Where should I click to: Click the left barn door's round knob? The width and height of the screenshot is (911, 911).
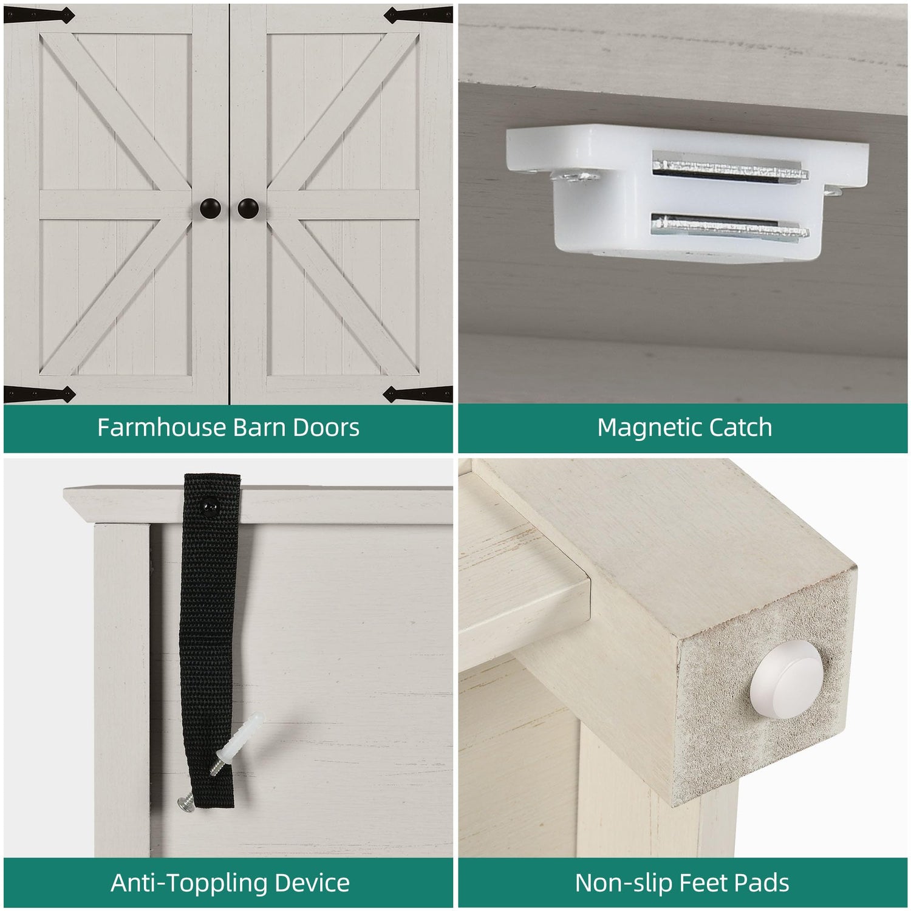(x=211, y=208)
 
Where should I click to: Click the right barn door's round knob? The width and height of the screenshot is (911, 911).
(x=248, y=208)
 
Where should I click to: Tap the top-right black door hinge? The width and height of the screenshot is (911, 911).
(x=418, y=15)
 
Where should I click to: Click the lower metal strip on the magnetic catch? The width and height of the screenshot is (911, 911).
(x=730, y=227)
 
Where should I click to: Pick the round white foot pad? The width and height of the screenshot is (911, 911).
(x=786, y=678)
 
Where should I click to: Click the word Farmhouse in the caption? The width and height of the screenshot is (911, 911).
(x=162, y=428)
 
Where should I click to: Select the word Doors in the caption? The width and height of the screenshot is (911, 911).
(x=326, y=428)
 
